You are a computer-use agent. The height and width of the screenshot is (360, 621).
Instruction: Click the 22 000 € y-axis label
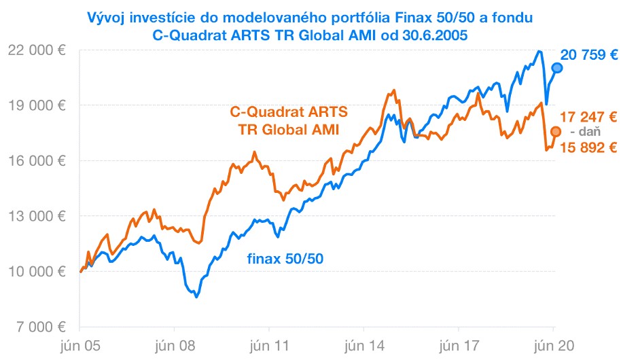tap(35, 50)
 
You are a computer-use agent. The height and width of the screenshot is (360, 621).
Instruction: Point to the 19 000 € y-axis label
tap(35, 105)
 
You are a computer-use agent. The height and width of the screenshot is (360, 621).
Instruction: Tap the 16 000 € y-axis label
tap(35, 160)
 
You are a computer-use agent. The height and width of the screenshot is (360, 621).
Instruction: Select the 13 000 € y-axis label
tap(35, 216)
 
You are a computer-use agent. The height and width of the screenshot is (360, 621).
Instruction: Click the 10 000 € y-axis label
tap(35, 272)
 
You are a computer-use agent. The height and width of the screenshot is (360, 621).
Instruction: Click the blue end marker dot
tap(556, 67)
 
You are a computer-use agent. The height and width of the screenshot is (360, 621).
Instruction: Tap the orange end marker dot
tap(555, 131)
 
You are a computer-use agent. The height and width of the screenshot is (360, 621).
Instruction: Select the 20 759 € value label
tap(588, 55)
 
